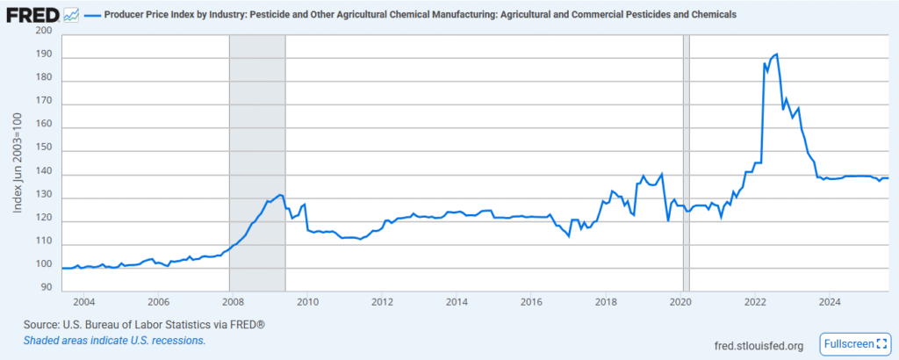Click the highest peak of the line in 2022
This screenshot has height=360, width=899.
click(776, 54)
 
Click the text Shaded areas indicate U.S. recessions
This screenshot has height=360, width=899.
click(115, 340)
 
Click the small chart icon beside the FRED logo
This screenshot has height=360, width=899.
click(71, 15)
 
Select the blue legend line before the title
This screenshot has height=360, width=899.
click(97, 16)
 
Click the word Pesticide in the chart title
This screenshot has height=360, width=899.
click(291, 16)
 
